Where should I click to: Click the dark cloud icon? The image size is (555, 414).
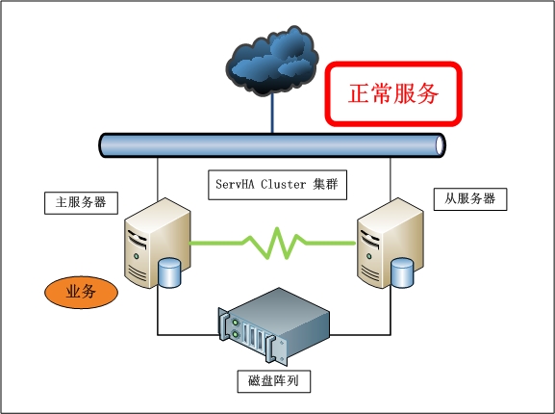click(x=272, y=61)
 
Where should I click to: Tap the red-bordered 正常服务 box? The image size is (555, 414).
click(x=393, y=93)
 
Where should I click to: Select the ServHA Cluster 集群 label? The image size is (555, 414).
click(x=277, y=185)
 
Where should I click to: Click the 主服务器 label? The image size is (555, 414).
click(x=81, y=202)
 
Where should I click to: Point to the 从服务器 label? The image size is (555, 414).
click(x=470, y=199)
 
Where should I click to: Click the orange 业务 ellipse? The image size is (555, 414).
click(x=81, y=292)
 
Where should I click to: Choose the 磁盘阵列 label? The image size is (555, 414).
click(x=273, y=381)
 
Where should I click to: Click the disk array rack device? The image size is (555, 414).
click(x=273, y=326)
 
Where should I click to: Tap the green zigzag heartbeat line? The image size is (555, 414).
click(x=272, y=244)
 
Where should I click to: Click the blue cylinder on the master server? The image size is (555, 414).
click(x=169, y=272)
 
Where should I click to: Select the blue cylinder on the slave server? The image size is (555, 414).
click(x=402, y=272)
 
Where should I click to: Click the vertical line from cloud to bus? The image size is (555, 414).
click(x=272, y=114)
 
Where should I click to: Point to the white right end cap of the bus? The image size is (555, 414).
click(x=440, y=145)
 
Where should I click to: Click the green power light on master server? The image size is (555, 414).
click(x=137, y=256)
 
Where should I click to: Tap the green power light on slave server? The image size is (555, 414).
click(x=369, y=256)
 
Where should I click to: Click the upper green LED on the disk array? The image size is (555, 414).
click(x=235, y=323)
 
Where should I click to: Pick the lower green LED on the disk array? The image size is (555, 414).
click(x=235, y=334)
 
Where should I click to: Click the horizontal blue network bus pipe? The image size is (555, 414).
click(x=272, y=145)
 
